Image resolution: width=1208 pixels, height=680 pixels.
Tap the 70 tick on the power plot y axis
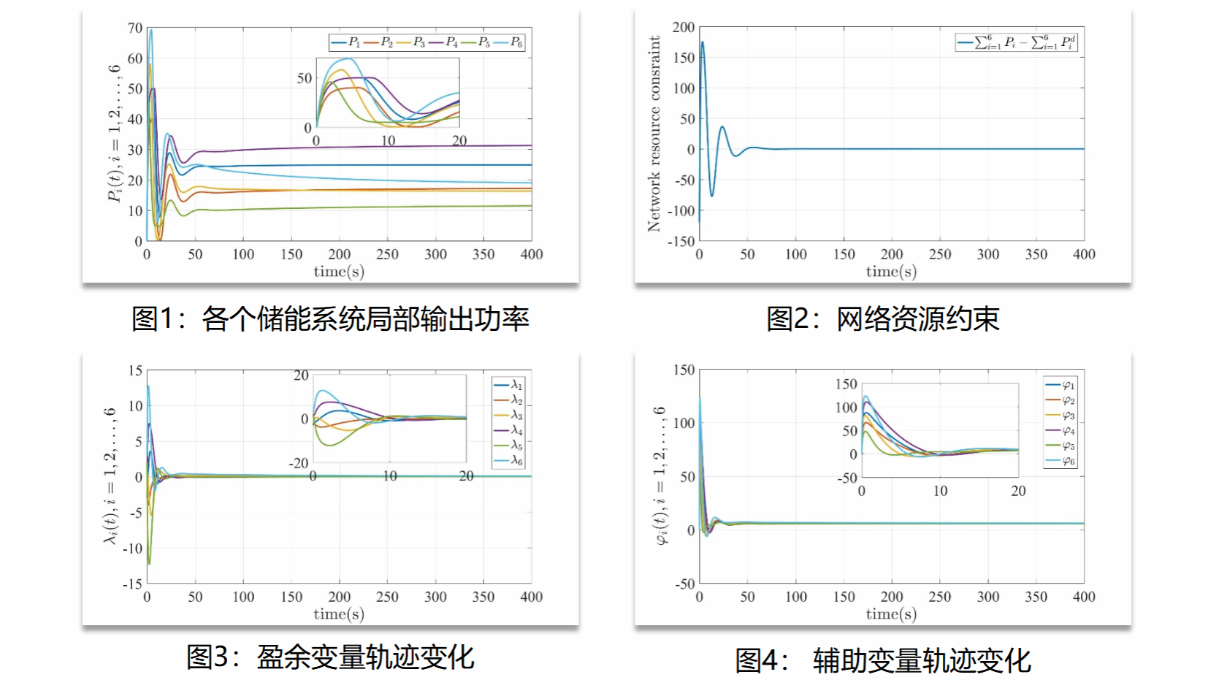click(x=135, y=28)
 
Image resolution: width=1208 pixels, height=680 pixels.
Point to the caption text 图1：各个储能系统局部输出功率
click(x=330, y=318)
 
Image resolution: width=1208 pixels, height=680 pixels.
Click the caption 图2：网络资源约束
click(x=882, y=318)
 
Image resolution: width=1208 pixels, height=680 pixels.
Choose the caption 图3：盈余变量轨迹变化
click(x=330, y=657)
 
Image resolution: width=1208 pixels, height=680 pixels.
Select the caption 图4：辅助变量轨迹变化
click(x=882, y=660)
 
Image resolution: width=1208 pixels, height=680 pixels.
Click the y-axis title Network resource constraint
click(x=654, y=134)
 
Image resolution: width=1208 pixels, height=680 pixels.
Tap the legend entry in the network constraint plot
click(x=1017, y=42)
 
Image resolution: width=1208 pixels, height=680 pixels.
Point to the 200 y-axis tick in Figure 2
click(x=684, y=27)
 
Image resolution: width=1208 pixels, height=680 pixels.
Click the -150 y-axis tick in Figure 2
click(x=681, y=241)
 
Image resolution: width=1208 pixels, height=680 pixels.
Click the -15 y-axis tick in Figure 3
click(x=132, y=584)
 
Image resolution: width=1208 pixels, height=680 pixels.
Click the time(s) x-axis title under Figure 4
click(x=891, y=614)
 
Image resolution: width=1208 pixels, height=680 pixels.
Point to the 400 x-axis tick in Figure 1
click(x=532, y=254)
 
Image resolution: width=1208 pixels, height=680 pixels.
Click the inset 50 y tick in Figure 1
click(x=305, y=78)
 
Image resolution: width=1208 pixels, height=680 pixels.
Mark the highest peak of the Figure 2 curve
click(x=703, y=42)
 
